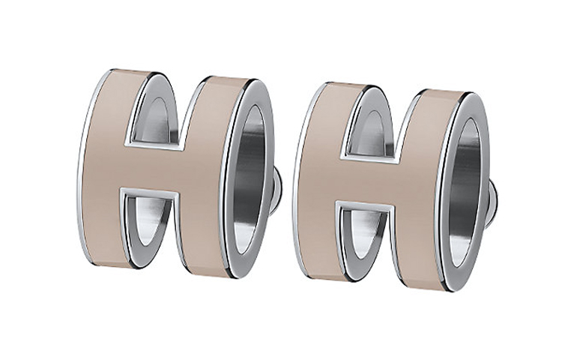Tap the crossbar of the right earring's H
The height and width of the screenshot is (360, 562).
pos(367,178)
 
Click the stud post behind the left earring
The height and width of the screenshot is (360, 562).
pos(277,191)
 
